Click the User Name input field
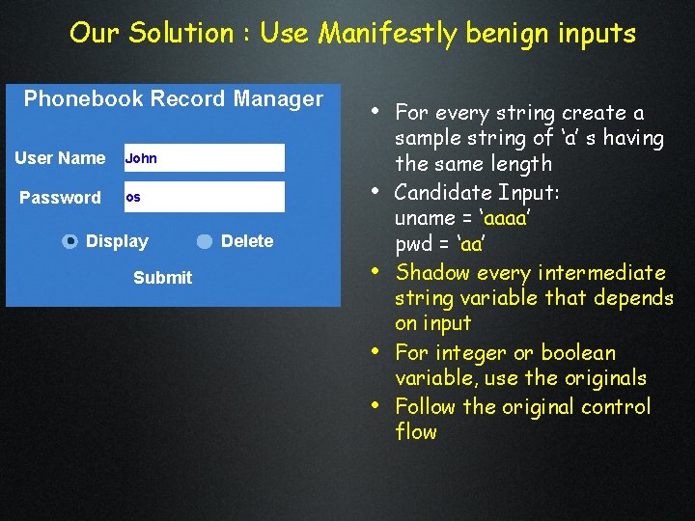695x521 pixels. click(x=204, y=158)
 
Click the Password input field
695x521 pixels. click(x=204, y=197)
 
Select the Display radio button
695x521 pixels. click(x=69, y=242)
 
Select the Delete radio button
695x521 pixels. click(x=205, y=242)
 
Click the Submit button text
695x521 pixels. click(x=162, y=278)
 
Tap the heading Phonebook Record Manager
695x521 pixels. click(x=174, y=98)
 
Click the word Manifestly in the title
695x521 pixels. click(x=388, y=34)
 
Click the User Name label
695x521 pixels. click(x=60, y=158)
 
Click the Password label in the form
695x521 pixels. click(x=60, y=198)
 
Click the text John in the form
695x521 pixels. click(x=141, y=158)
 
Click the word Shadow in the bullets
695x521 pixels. click(x=435, y=272)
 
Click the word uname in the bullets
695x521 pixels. click(x=425, y=217)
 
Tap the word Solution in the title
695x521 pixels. click(x=181, y=34)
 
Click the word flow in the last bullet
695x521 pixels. click(x=416, y=432)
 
